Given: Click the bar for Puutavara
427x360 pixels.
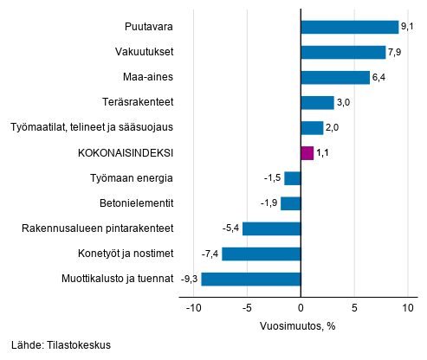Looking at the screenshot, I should [x=349, y=27].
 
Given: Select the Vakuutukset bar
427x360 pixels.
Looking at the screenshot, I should [x=343, y=52].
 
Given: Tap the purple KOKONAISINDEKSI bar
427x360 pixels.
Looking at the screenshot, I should [x=307, y=153].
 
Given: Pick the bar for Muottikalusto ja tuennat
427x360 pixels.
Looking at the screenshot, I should [x=250, y=279].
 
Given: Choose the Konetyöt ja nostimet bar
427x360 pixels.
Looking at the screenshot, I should [x=261, y=254].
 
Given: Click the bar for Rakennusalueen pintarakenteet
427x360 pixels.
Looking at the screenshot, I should [x=271, y=228].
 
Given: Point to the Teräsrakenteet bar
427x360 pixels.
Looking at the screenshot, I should [x=317, y=103].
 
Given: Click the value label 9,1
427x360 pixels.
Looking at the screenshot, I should [x=408, y=27].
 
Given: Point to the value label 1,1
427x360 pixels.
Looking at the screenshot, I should [x=323, y=153].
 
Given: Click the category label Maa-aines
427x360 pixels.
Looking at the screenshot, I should [x=151, y=78].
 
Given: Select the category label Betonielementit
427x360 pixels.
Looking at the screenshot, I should [x=137, y=203].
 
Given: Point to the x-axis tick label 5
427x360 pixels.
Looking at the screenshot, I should [x=354, y=307].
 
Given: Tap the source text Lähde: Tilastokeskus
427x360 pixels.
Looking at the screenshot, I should [x=61, y=344].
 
